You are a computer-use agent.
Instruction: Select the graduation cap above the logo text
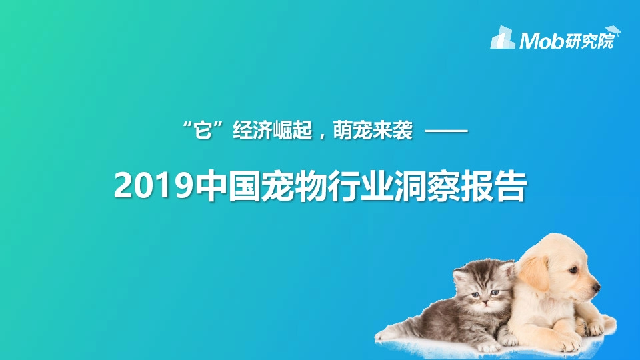coord(613,31)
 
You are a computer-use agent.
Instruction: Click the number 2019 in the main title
coord(154,186)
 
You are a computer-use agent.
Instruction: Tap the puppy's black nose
coord(595,287)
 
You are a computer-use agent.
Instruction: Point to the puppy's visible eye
coord(571,271)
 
